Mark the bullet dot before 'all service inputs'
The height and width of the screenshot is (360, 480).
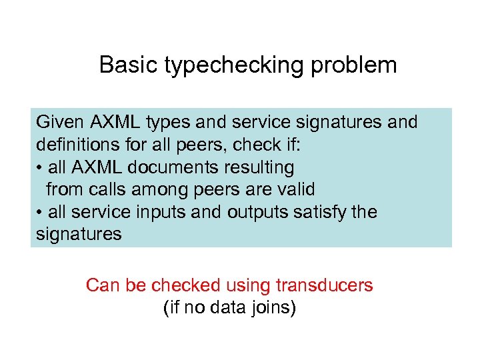(x=39, y=213)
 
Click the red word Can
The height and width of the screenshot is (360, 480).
(x=101, y=285)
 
